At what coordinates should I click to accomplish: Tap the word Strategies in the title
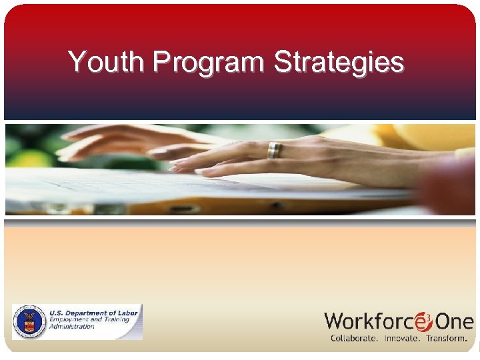tap(339, 63)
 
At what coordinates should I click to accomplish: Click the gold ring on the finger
tap(274, 150)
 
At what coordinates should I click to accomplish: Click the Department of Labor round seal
tap(29, 323)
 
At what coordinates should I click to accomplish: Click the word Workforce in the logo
tap(369, 321)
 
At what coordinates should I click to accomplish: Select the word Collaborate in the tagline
tap(354, 338)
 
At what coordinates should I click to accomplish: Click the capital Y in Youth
tap(77, 62)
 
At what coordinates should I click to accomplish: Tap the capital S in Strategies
tap(282, 62)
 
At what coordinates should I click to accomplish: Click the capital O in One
tap(444, 322)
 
